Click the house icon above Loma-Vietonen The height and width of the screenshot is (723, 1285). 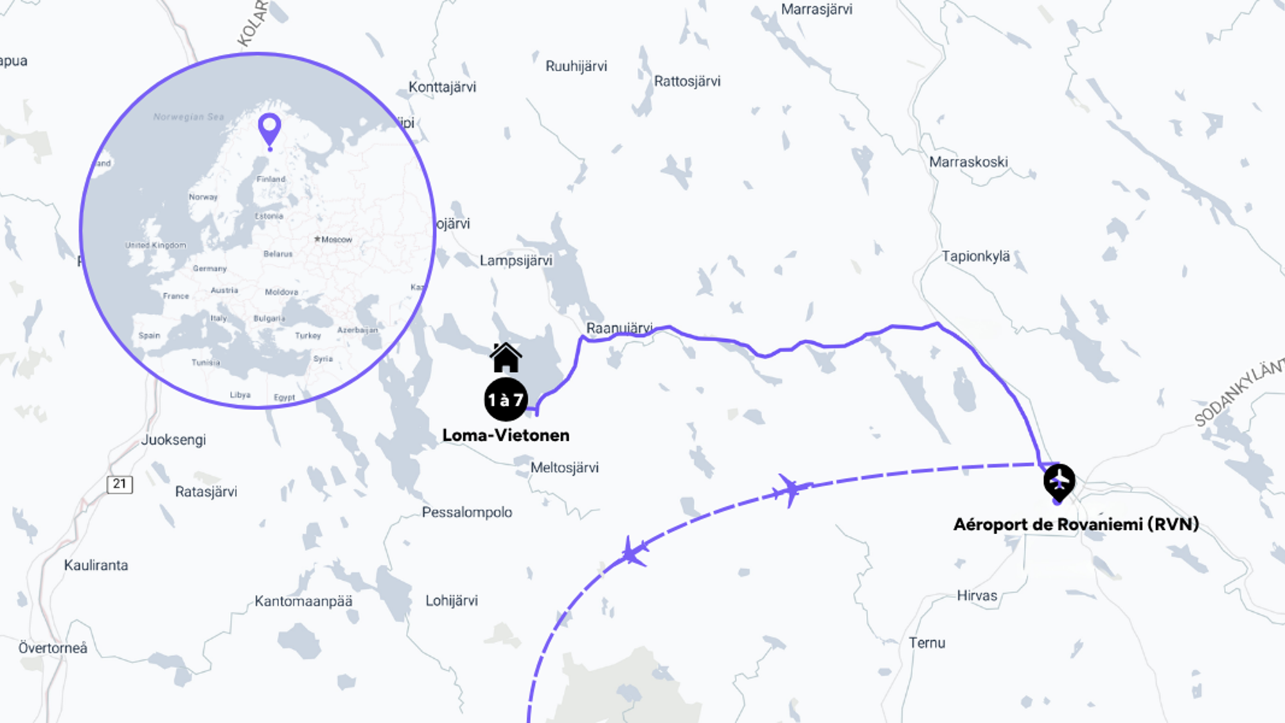(506, 358)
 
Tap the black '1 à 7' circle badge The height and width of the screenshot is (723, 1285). (506, 400)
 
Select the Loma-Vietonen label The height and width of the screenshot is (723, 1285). (506, 435)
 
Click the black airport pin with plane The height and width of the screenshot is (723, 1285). (1059, 481)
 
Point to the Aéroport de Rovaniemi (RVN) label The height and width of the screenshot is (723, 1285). (1076, 524)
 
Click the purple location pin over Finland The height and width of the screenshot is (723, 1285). (269, 129)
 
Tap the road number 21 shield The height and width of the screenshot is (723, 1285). (120, 484)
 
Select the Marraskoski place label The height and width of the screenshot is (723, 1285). (968, 162)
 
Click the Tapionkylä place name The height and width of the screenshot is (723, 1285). (975, 256)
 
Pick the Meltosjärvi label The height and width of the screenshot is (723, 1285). (564, 468)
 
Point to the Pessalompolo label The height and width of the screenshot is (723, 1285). (467, 512)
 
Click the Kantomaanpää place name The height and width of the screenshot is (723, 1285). (303, 602)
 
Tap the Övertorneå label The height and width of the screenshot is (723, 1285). (53, 648)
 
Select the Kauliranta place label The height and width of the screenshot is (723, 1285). (96, 566)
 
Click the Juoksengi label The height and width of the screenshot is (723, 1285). (173, 440)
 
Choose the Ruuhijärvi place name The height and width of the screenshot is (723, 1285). (576, 66)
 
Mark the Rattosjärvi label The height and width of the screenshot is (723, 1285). (687, 82)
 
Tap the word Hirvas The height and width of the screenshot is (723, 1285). (977, 596)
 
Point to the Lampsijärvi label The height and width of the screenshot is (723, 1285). (516, 261)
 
